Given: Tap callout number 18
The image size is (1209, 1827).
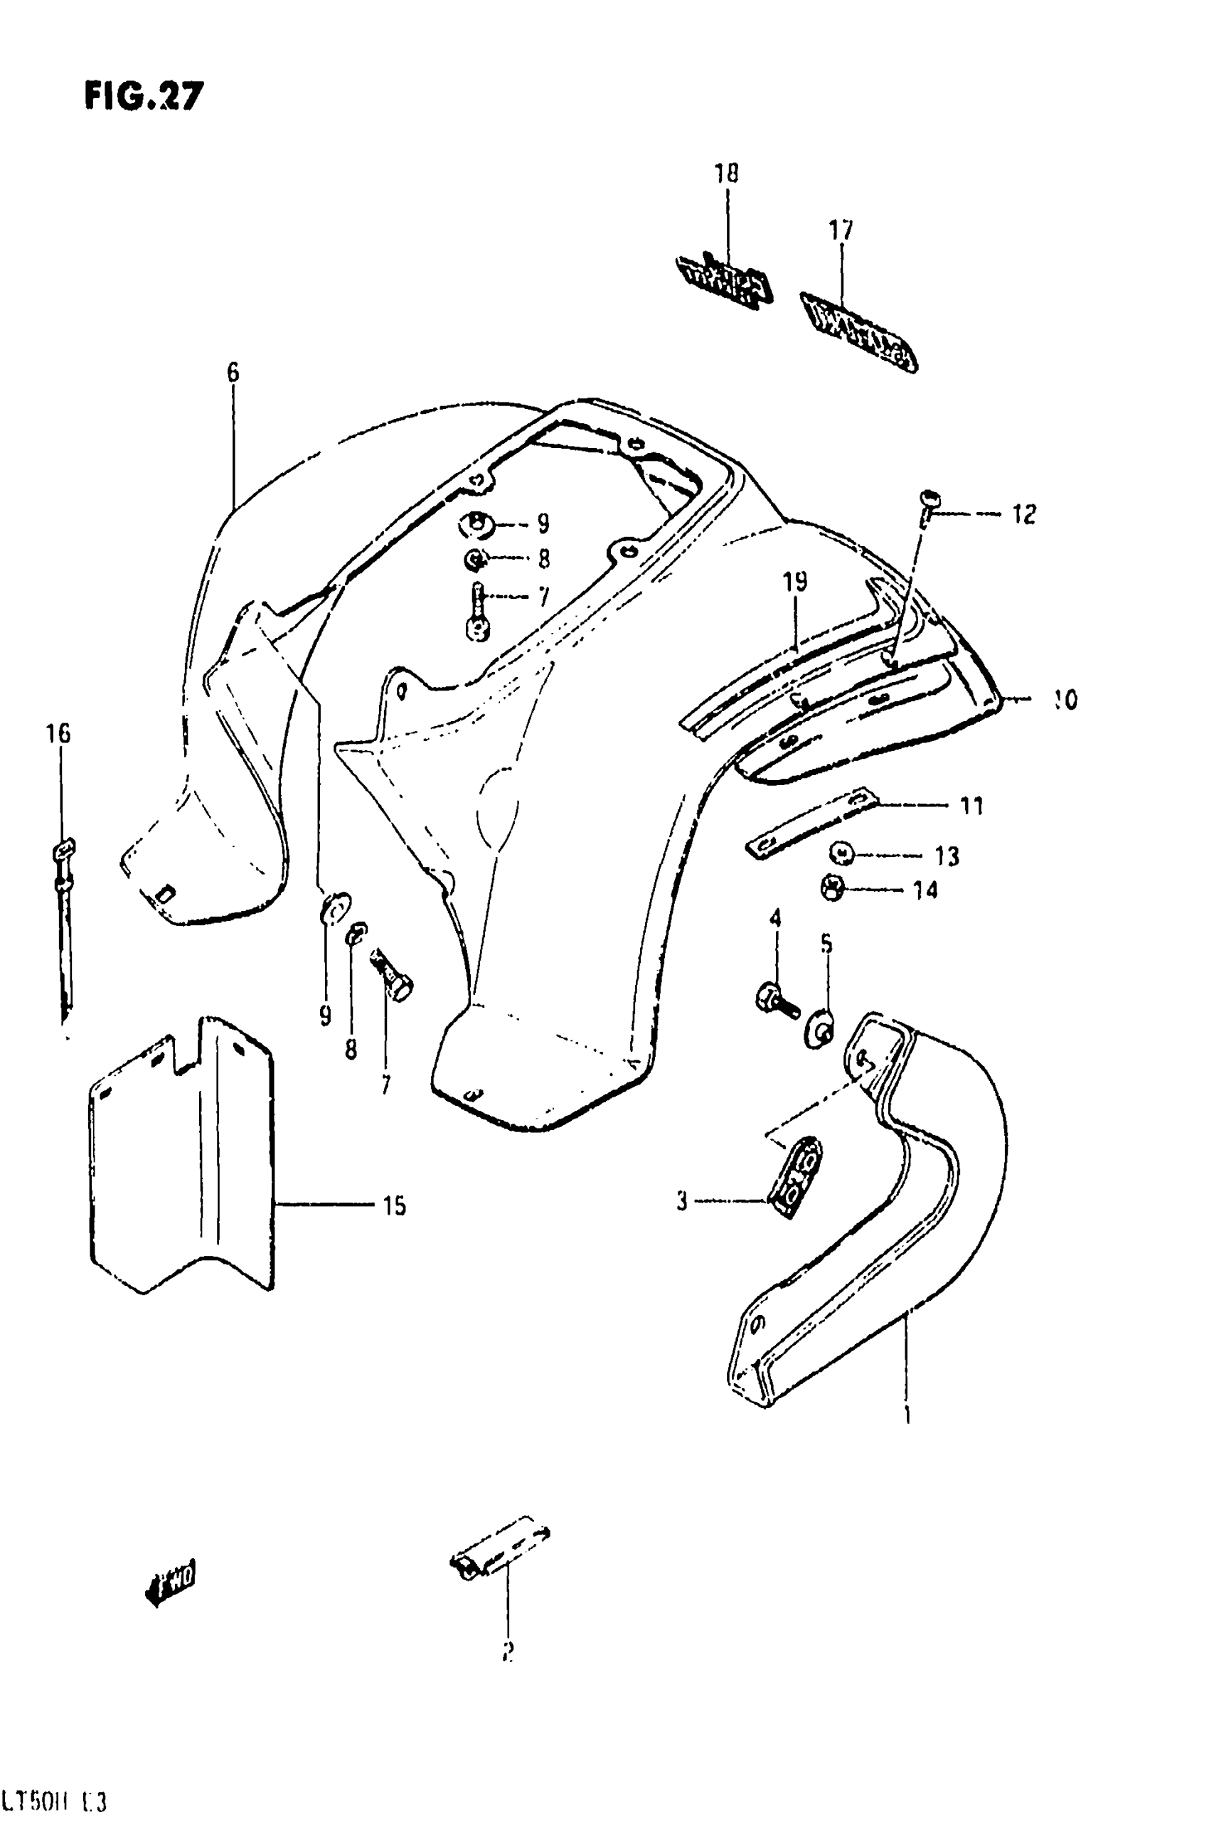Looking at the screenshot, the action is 725,174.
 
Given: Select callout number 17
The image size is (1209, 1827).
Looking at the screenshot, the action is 841,230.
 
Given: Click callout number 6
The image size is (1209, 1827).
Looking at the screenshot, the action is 233,373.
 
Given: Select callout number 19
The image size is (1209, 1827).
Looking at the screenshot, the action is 795,581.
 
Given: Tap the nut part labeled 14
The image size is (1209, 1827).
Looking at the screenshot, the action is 833,889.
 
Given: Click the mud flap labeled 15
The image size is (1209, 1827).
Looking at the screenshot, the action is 181,1164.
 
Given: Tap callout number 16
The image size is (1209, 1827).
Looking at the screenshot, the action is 58,733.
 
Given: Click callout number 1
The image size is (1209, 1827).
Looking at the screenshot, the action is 907,1415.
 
